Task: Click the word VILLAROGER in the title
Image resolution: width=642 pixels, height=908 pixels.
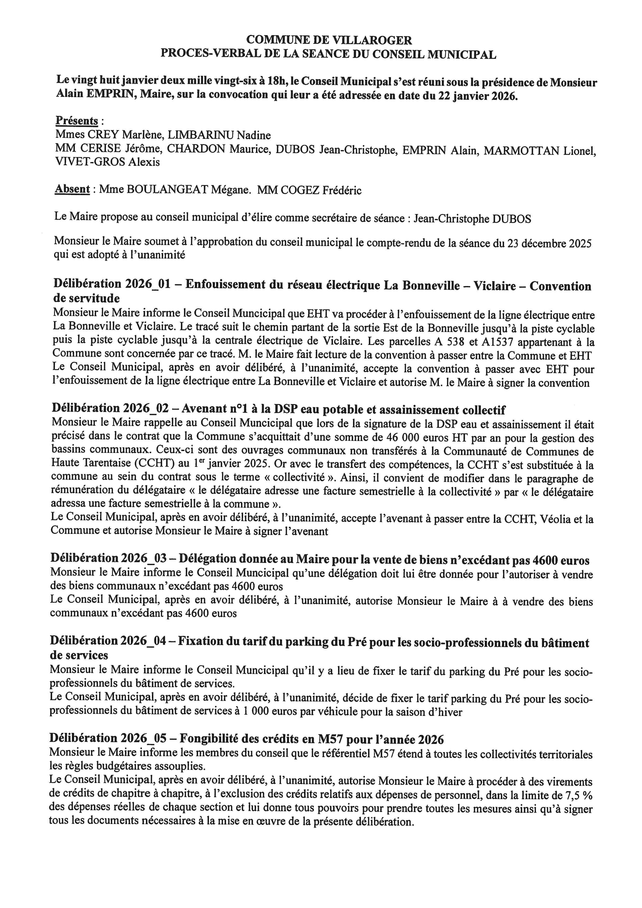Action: tap(373, 40)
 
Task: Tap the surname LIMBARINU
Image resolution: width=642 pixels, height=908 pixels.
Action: tap(200, 135)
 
